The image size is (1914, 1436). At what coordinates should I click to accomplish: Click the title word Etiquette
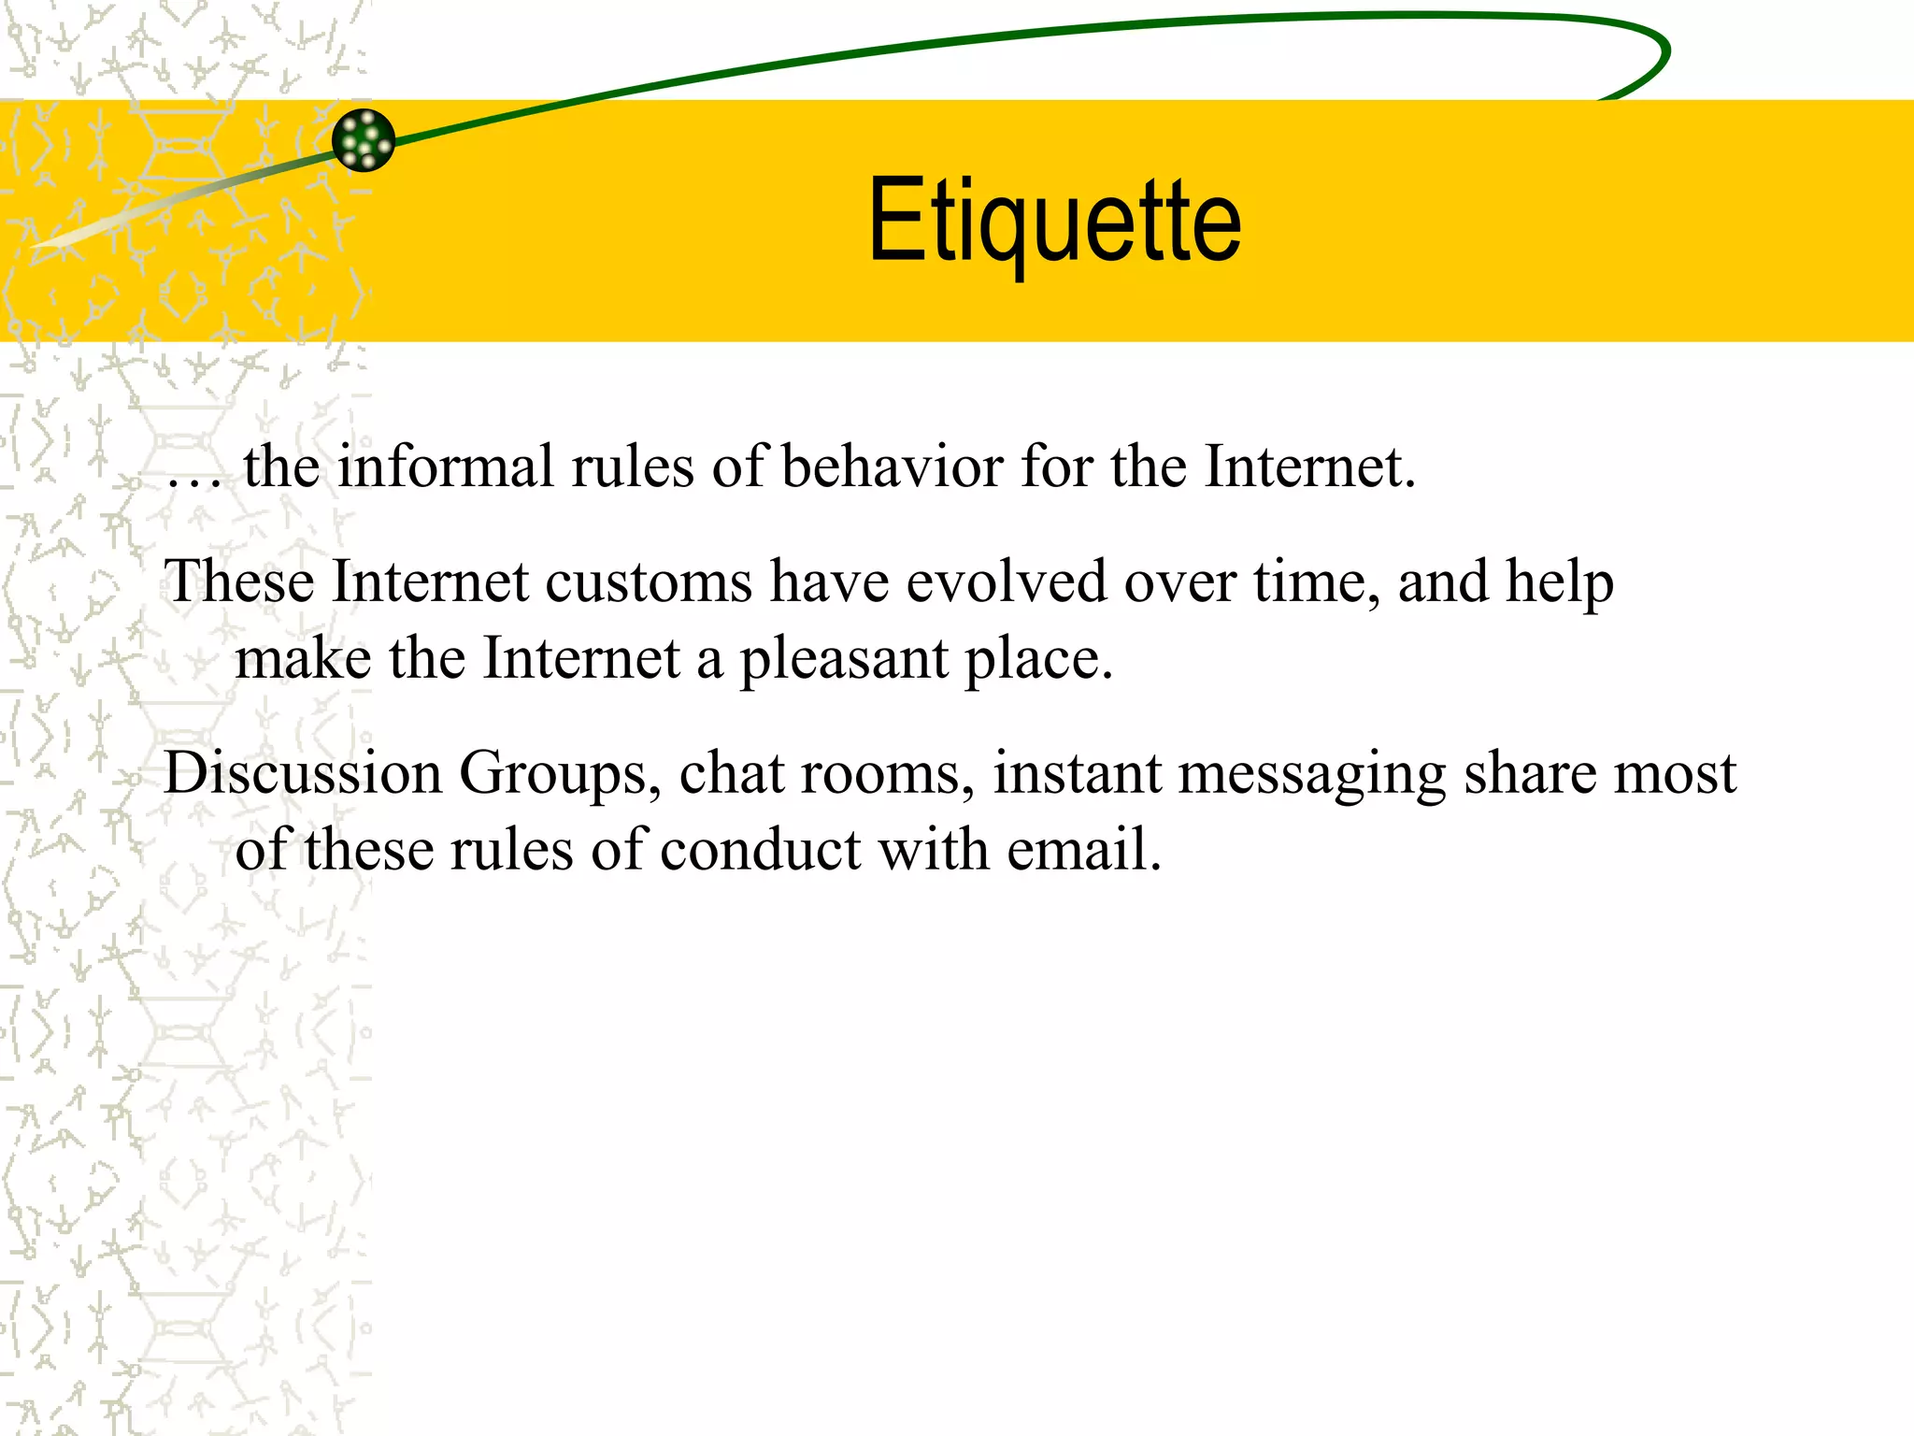(x=1054, y=222)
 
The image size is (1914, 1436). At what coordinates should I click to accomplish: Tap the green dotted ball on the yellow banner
(x=364, y=140)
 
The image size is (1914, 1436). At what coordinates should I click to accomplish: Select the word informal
(x=446, y=467)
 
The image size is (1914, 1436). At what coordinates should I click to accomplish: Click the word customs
(x=649, y=582)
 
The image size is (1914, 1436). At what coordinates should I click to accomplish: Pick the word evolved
(x=1006, y=582)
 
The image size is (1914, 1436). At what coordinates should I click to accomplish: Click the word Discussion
(x=303, y=773)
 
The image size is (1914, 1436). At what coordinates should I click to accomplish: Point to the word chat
(x=732, y=773)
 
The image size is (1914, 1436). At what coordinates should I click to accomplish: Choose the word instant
(x=1077, y=773)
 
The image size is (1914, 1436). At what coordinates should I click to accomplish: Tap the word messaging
(x=1311, y=775)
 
